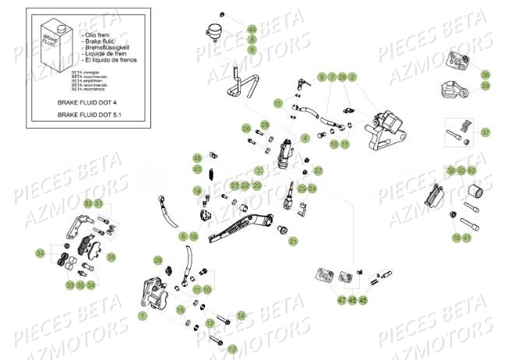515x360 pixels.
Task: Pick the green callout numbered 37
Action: [485, 132]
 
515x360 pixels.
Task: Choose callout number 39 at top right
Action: [485, 86]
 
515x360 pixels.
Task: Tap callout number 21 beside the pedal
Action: [294, 242]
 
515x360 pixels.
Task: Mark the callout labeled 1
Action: [142, 316]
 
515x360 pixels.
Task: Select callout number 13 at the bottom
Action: [210, 348]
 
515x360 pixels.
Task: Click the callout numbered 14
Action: [241, 316]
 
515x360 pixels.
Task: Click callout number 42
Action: [472, 171]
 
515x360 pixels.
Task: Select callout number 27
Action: [318, 171]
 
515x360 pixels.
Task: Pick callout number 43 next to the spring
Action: [198, 168]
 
